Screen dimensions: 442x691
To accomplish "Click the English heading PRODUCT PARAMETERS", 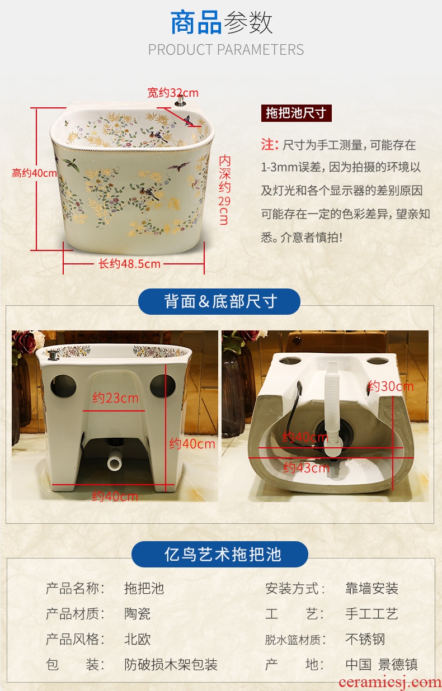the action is [226, 50].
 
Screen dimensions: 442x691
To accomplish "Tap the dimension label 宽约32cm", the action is [173, 93].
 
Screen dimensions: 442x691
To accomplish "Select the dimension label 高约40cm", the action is [34, 173].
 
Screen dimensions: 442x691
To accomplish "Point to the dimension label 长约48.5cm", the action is [129, 264].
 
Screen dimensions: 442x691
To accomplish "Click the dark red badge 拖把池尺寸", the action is [297, 113].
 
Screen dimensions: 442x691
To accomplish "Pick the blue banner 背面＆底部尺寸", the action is [219, 301].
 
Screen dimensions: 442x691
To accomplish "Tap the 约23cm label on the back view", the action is [115, 398].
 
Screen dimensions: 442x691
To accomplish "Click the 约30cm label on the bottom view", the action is [391, 386].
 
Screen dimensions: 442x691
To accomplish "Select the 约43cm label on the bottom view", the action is [307, 468].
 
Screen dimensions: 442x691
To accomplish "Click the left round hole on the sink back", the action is [63, 386].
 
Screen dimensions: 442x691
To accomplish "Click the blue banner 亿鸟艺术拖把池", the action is [220, 554].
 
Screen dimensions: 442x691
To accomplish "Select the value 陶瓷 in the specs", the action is [137, 614].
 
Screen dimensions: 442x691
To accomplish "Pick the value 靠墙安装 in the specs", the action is [372, 589].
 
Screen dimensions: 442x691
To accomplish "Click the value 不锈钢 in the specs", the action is [365, 639].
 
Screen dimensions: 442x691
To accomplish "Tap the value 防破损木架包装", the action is [171, 665].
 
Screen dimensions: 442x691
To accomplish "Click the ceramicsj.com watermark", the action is [390, 682].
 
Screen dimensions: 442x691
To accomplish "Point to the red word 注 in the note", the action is [267, 144].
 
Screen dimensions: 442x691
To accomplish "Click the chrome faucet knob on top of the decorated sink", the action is [180, 101].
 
